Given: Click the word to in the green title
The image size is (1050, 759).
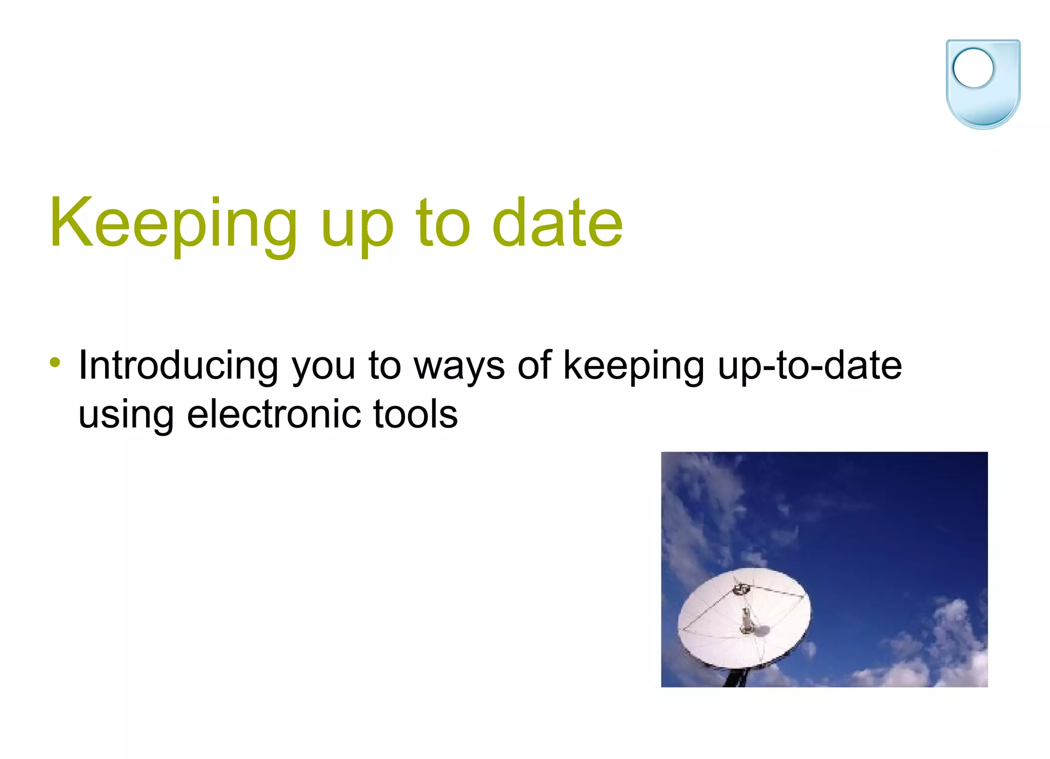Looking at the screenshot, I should coord(442,224).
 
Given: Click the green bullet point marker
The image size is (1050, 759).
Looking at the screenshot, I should coord(55,363).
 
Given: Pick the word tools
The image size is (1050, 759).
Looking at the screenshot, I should coord(415,414).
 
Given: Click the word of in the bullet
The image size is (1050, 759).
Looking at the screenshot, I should coord(535,365).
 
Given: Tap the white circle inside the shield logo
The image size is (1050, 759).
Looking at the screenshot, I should coord(973,68).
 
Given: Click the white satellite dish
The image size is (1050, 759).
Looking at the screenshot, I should coord(718,631).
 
